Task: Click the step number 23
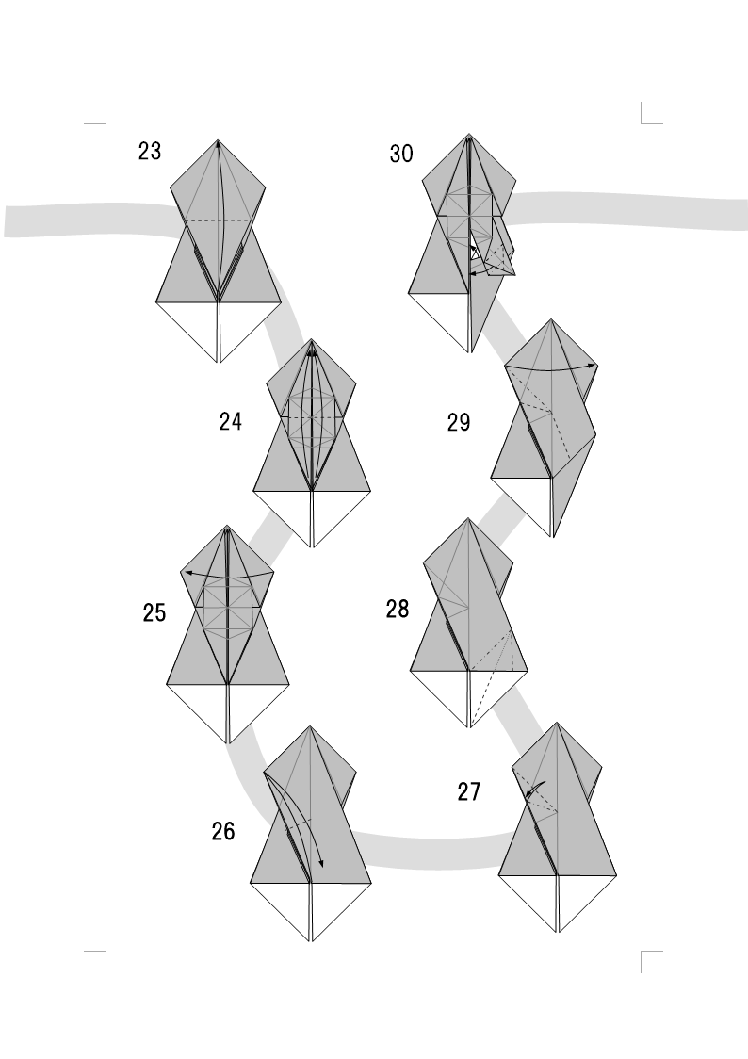[x=150, y=151]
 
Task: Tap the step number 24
[x=231, y=422]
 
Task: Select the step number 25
[x=154, y=613]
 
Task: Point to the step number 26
[x=223, y=832]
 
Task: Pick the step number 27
[x=469, y=792]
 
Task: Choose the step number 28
[x=398, y=610]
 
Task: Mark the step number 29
[x=459, y=422]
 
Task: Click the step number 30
[x=401, y=154]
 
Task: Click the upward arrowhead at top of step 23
[x=219, y=145]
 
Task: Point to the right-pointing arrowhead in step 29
[x=593, y=364]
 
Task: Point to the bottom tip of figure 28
[x=468, y=727]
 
